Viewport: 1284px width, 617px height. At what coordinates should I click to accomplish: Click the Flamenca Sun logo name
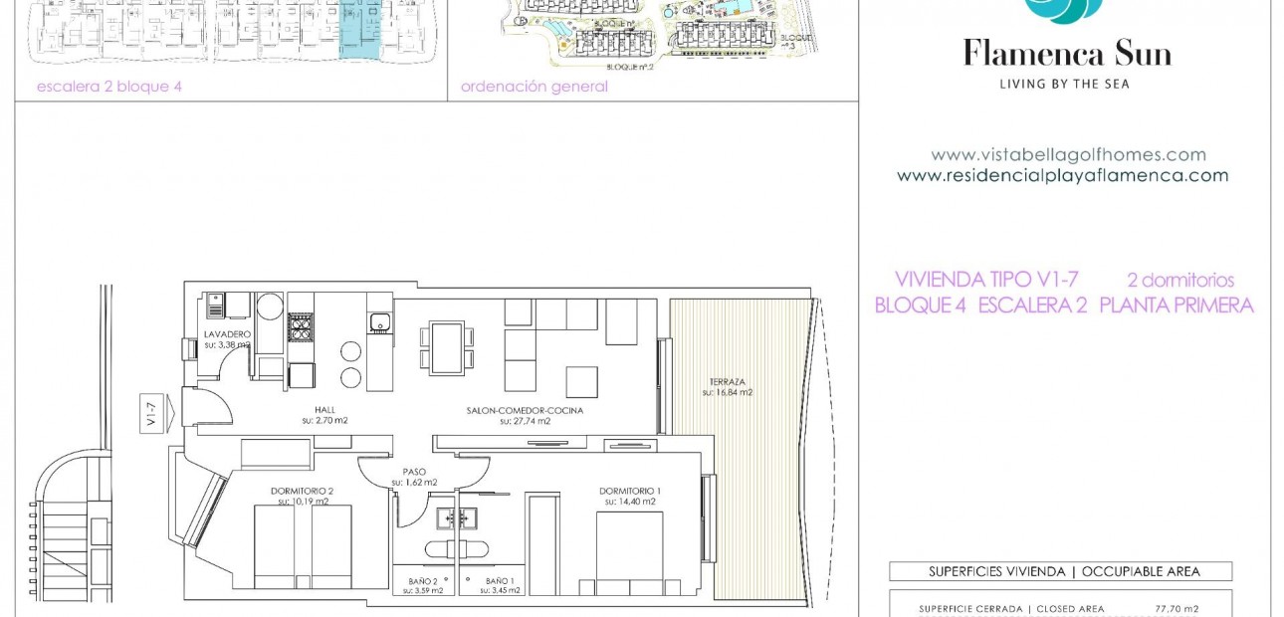pos(1066,53)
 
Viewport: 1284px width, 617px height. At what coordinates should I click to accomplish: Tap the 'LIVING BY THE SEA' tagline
pos(1064,85)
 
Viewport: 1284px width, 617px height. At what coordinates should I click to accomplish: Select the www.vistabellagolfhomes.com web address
pos(1068,155)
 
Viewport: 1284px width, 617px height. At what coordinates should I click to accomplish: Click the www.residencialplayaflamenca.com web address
pos(1062,176)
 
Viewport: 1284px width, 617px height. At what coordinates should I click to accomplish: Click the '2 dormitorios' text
pos(1180,281)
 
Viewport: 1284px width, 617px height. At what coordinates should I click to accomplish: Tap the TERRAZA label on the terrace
pos(727,382)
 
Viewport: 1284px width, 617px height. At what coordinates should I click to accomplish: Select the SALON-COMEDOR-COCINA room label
pos(525,410)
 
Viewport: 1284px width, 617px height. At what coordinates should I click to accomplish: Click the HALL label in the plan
pos(324,409)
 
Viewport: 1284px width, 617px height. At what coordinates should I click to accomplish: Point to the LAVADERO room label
pos(227,334)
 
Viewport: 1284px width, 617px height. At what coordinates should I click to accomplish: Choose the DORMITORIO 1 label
pos(629,491)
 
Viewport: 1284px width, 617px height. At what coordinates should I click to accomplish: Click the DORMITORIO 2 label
pos(302,491)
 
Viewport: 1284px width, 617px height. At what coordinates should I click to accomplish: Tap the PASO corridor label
pos(414,472)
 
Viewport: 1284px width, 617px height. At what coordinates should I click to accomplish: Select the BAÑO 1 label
pos(501,581)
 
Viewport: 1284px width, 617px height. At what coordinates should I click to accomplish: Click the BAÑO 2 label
pos(422,581)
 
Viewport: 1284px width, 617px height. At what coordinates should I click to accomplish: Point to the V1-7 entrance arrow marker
pos(158,409)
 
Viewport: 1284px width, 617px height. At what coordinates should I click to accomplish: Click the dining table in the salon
pos(446,347)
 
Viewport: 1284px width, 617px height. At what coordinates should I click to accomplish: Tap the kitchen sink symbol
pos(378,321)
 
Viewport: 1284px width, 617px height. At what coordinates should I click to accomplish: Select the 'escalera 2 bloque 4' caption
pos(109,87)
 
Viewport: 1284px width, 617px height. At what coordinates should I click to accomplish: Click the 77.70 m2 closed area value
pos(1176,609)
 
